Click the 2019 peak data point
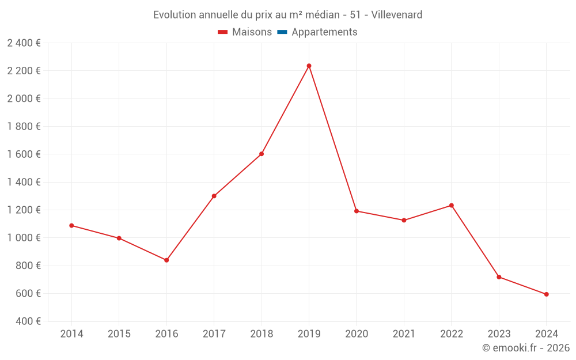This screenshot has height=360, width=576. click(x=309, y=66)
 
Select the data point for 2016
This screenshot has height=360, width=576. click(x=166, y=260)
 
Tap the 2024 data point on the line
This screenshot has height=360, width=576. click(x=546, y=294)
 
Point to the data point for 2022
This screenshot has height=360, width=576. click(x=452, y=206)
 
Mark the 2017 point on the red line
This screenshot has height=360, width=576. click(x=214, y=196)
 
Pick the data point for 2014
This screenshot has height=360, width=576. click(x=71, y=226)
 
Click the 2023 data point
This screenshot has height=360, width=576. click(x=499, y=277)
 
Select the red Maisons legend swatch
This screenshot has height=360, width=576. click(x=223, y=32)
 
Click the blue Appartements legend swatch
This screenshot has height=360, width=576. click(x=282, y=32)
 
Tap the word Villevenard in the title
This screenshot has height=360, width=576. click(x=397, y=14)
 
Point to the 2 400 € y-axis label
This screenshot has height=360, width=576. click(x=24, y=43)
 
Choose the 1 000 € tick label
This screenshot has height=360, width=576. click(x=24, y=238)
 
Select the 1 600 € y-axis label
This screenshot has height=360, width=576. click(x=24, y=154)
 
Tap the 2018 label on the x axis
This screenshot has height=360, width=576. click(x=262, y=334)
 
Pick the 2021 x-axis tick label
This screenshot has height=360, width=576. click(x=404, y=334)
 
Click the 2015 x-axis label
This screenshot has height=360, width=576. click(x=119, y=334)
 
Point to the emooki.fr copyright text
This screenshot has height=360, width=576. click(x=526, y=348)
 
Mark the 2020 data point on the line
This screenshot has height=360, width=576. click(x=357, y=211)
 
